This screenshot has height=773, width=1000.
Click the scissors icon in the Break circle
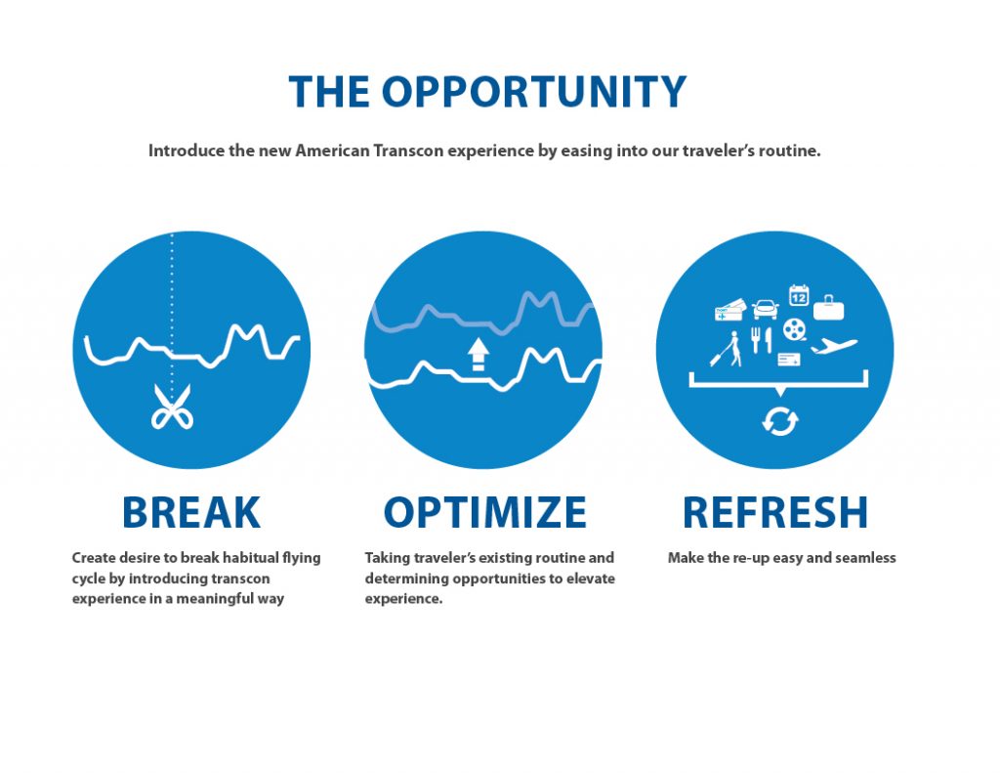[x=172, y=407]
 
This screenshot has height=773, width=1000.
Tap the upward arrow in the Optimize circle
[x=478, y=355]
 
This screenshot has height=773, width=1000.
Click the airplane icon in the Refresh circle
[x=834, y=346]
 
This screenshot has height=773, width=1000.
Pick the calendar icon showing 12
[x=799, y=295]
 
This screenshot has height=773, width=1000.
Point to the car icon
[x=766, y=310]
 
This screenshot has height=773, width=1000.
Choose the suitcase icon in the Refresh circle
[x=828, y=308]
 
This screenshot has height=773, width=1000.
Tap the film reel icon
[x=795, y=330]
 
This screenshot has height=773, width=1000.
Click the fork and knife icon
[x=761, y=340]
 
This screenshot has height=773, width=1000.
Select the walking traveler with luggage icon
[x=727, y=349]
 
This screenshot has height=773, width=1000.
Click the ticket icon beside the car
[x=730, y=310]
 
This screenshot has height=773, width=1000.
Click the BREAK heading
[x=191, y=513]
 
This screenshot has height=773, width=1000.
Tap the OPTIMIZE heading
[x=484, y=513]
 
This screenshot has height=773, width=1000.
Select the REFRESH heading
[x=774, y=513]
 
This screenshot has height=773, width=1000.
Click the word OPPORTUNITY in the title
[x=534, y=92]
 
